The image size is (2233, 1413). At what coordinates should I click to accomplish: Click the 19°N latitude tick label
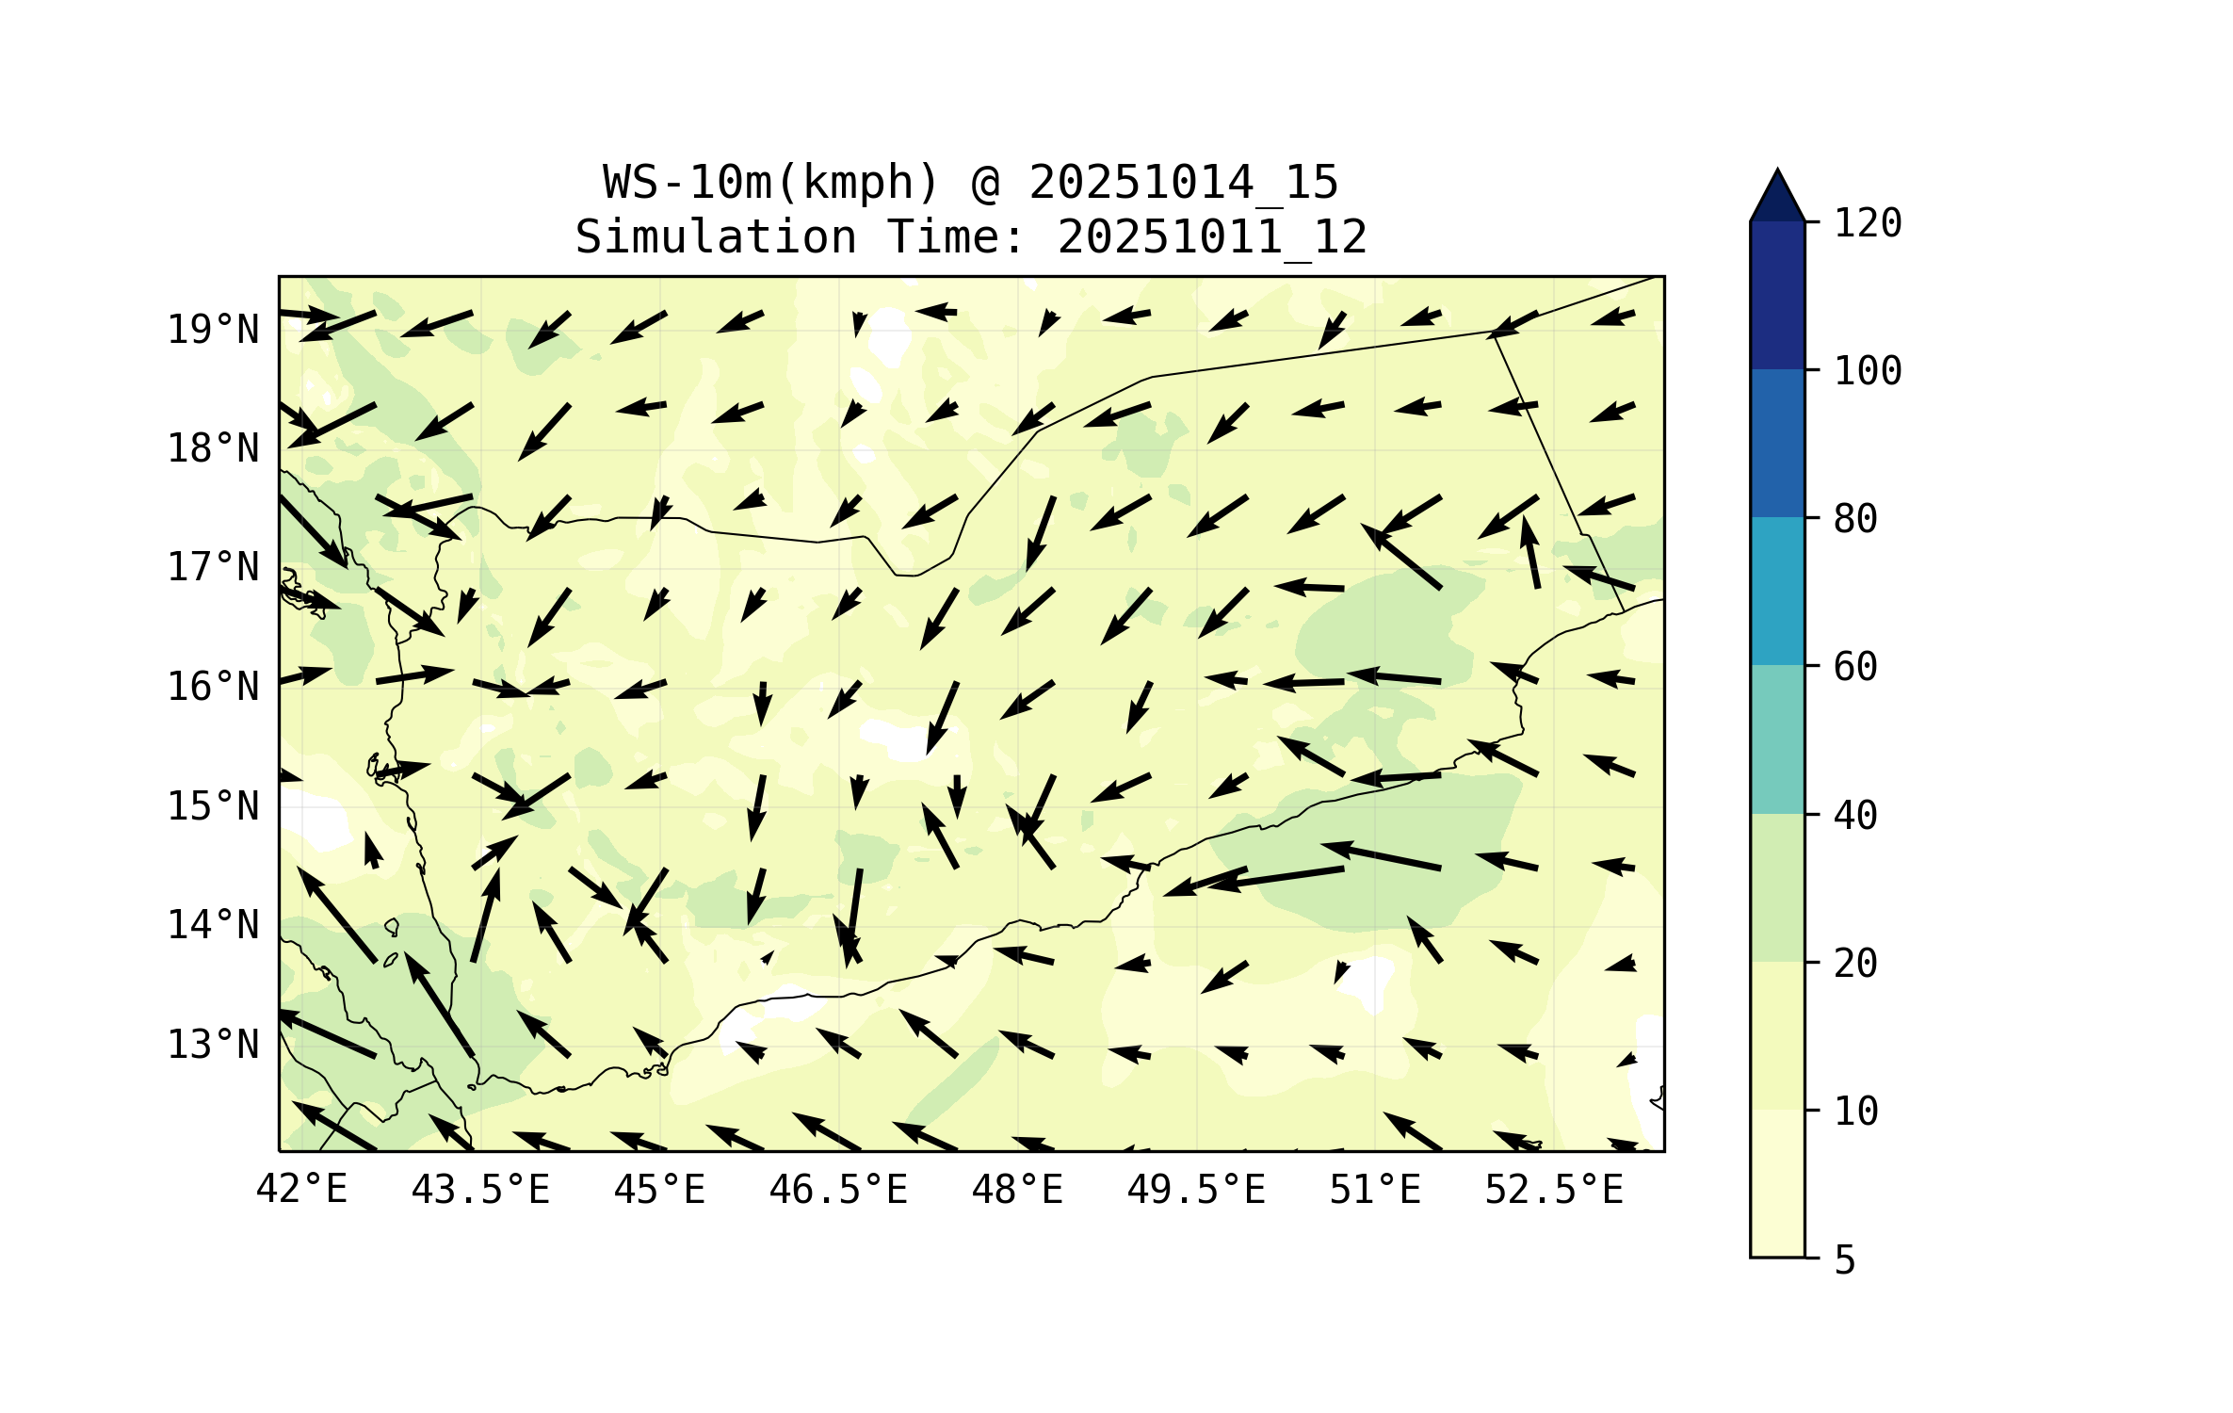click(x=213, y=330)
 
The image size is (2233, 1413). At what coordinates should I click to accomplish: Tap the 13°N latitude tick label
click(x=213, y=1045)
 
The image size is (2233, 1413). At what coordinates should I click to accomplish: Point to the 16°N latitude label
click(x=213, y=687)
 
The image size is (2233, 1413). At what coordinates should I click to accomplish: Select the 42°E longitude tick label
click(x=301, y=1190)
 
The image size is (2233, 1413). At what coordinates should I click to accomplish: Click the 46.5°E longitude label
click(x=838, y=1190)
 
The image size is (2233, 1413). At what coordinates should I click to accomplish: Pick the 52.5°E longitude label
click(x=1554, y=1190)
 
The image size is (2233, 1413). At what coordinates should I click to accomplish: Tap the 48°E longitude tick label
click(x=1017, y=1190)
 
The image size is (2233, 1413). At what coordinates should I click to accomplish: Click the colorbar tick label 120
click(x=1868, y=223)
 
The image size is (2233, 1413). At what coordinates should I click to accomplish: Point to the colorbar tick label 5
click(x=1845, y=1260)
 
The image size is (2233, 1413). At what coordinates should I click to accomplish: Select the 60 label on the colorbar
click(x=1855, y=667)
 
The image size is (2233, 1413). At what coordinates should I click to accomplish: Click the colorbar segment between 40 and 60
click(x=1777, y=739)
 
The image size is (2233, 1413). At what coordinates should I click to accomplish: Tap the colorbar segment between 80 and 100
click(x=1777, y=443)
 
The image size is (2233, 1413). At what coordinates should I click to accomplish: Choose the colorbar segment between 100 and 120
click(x=1777, y=295)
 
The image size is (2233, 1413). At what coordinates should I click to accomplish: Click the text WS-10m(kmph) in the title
click(x=771, y=182)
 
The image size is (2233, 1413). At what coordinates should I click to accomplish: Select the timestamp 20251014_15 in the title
click(x=1183, y=182)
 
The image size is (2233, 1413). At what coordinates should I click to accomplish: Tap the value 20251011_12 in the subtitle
click(x=1212, y=236)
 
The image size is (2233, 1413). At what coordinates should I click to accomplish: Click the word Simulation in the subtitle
click(x=716, y=236)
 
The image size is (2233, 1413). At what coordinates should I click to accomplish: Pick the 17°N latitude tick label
click(x=213, y=567)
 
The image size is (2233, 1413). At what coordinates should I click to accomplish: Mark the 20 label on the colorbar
click(x=1855, y=964)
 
